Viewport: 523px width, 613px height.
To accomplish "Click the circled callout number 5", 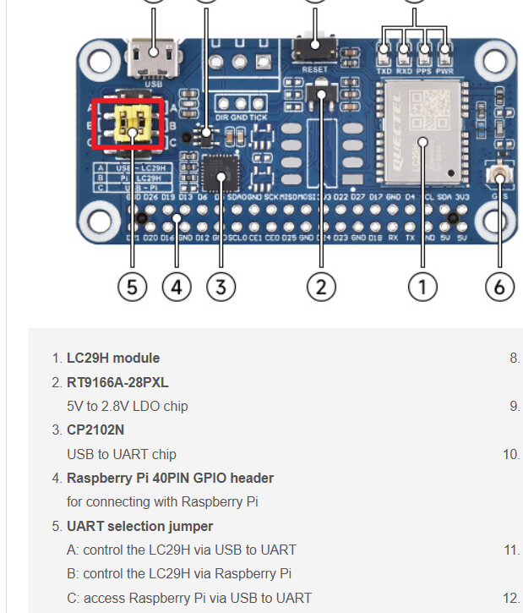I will point(132,287).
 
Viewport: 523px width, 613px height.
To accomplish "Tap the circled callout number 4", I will point(176,287).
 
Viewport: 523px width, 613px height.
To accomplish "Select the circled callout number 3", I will point(221,287).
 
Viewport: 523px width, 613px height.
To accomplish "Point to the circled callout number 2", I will point(320,287).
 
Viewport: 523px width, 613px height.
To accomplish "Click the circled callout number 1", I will point(422,287).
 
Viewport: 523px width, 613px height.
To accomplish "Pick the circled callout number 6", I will point(499,287).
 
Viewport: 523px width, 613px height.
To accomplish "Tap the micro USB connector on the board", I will point(153,59).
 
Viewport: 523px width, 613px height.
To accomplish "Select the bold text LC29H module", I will point(113,358).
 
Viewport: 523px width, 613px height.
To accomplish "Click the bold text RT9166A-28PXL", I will point(117,382).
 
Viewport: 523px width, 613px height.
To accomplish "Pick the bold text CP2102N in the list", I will point(95,430).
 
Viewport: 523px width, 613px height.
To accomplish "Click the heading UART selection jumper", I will point(139,526).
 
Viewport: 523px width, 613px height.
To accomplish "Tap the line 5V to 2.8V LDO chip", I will point(128,406).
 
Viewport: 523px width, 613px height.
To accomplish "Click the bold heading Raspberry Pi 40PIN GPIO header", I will point(170,478).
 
